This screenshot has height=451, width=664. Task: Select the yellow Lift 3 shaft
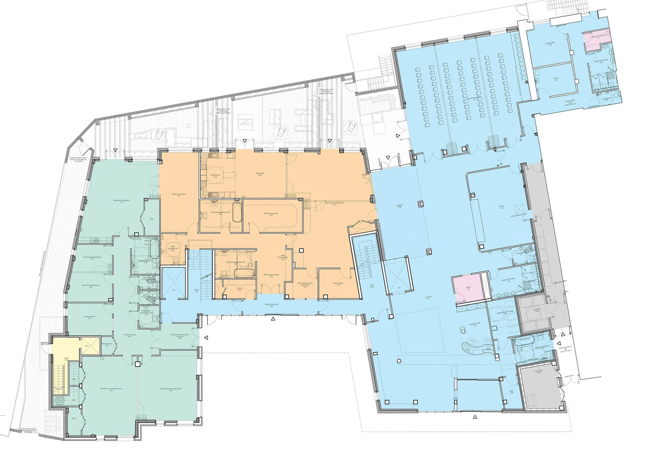coord(90,345)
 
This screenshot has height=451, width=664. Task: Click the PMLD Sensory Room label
coord(271,214)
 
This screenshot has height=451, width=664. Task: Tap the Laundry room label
coord(239,288)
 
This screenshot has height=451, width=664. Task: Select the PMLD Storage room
coord(337,283)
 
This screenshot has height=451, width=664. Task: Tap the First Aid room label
coord(556,79)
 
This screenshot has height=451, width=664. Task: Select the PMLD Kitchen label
coord(216,175)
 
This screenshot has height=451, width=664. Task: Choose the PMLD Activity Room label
coord(178,195)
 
